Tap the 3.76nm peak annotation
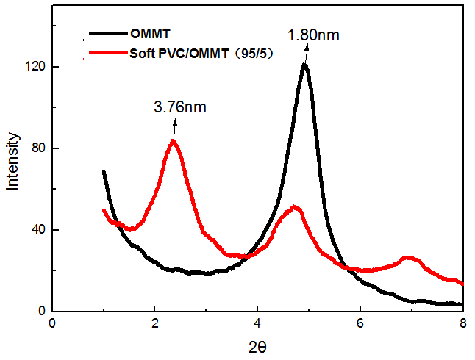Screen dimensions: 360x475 pyautogui.click(x=179, y=107)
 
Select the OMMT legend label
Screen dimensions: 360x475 pyautogui.click(x=151, y=33)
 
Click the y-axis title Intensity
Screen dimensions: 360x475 pyautogui.click(x=12, y=162)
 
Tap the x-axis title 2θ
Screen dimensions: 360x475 pyautogui.click(x=257, y=345)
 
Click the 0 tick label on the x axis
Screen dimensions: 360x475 pyautogui.click(x=51, y=323)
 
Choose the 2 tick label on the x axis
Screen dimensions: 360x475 pyautogui.click(x=154, y=323)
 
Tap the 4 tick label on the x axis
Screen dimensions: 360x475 pyautogui.click(x=257, y=323)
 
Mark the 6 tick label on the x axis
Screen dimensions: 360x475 pyautogui.click(x=360, y=323)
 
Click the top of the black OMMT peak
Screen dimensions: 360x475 pyautogui.click(x=304, y=65)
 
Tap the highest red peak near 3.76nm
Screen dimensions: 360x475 pyautogui.click(x=174, y=141)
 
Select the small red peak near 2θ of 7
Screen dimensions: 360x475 pyautogui.click(x=409, y=258)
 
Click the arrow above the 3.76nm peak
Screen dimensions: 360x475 pyautogui.click(x=174, y=129)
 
